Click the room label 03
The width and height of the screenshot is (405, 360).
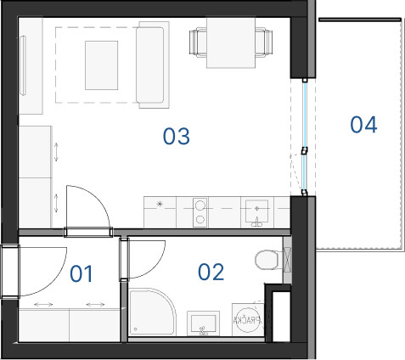[x=176, y=137]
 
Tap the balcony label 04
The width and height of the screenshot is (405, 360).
[x=363, y=125]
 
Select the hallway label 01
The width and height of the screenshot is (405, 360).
[x=82, y=274]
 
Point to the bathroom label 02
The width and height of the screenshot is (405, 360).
[x=211, y=272]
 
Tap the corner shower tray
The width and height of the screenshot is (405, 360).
[x=152, y=312]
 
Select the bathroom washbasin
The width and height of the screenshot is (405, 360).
[x=203, y=323]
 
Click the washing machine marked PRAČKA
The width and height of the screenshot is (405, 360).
[x=248, y=320]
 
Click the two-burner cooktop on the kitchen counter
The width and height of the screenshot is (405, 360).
[x=200, y=212]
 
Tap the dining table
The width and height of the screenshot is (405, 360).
[x=231, y=42]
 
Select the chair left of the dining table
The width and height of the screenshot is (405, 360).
[x=198, y=42]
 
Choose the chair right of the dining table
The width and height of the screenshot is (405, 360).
[x=264, y=42]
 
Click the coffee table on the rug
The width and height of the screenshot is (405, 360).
[x=101, y=65]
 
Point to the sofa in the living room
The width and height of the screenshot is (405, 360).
[x=153, y=65]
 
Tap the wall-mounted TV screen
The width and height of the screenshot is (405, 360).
[x=23, y=65]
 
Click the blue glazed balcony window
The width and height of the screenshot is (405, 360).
[x=305, y=137]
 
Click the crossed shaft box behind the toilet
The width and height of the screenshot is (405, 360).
[x=287, y=260]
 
